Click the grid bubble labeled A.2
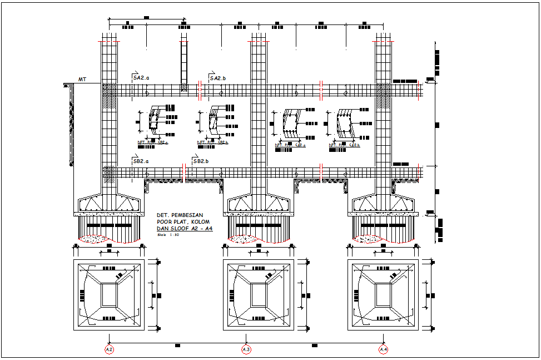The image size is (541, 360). [109, 349]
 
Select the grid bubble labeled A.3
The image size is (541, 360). [246, 349]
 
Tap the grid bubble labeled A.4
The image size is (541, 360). [383, 349]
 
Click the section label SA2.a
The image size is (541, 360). [141, 78]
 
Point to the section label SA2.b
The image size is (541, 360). [218, 78]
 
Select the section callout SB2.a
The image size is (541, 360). [141, 161]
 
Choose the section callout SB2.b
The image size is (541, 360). [201, 161]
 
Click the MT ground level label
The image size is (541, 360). [82, 80]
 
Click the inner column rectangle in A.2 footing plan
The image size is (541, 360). [109, 295]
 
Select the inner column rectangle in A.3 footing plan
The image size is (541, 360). [258, 295]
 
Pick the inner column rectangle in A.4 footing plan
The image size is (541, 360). [383, 295]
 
